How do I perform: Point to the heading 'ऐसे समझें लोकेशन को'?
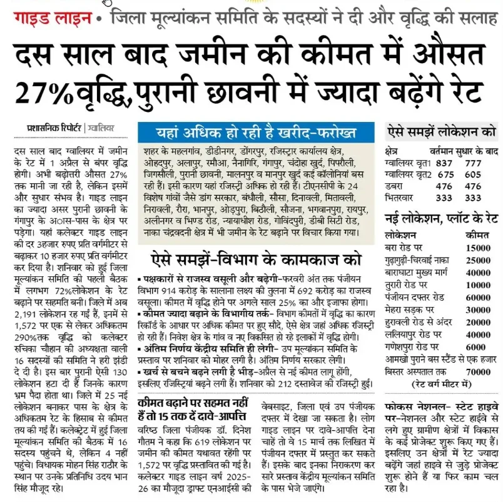coord(442,132)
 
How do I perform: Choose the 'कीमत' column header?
coord(477,235)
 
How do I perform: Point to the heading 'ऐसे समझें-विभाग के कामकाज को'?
coord(257,258)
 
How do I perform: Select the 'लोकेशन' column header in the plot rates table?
coord(401,235)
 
